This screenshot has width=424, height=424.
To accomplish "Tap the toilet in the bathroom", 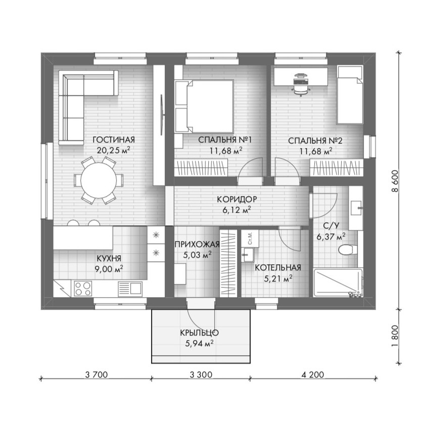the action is (x=347, y=250).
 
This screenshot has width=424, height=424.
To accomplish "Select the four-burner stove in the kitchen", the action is (x=83, y=288).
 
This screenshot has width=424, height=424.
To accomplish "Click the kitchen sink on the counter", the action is (x=130, y=288).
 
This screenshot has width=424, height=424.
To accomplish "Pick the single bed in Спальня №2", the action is (x=350, y=95).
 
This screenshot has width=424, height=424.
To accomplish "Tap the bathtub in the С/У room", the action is (x=338, y=282).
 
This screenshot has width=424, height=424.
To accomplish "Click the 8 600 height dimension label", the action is (x=395, y=181).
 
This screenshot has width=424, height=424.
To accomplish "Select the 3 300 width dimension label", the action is (x=201, y=374).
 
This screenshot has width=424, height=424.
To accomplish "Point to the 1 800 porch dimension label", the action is (x=395, y=336).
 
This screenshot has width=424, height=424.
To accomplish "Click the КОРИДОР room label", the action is (x=237, y=200).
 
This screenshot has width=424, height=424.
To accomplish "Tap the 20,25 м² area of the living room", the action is (x=114, y=150).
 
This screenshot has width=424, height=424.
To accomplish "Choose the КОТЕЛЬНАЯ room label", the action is (x=278, y=268).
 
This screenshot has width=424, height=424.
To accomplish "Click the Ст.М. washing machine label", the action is (x=250, y=238).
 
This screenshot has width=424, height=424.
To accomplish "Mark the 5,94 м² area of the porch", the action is (x=200, y=344).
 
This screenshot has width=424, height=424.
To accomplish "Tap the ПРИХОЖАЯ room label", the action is (x=197, y=245).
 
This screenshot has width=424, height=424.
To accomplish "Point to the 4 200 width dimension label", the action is (x=313, y=374).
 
